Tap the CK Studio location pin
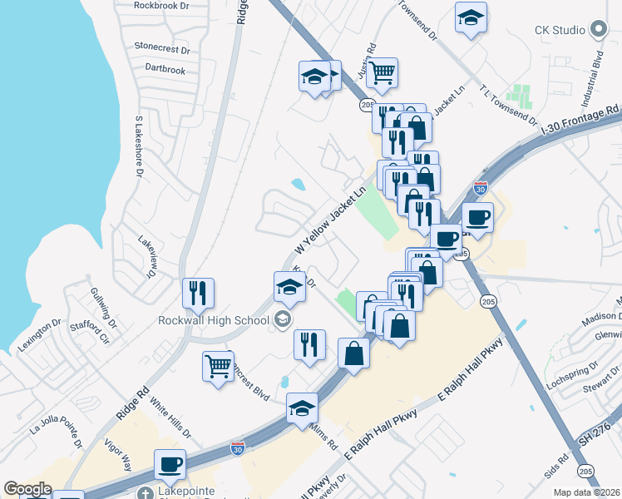(599, 30)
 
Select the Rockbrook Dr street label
(165, 5)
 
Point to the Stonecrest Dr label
(162, 48)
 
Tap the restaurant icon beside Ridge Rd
(199, 293)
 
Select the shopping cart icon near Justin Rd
(382, 72)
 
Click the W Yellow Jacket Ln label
(330, 221)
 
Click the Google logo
(27, 489)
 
